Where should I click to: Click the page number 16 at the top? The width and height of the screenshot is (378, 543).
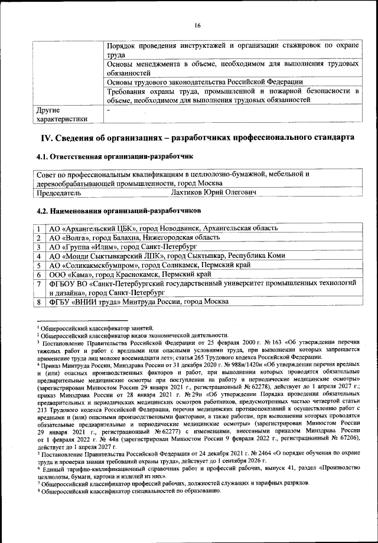click(197, 25)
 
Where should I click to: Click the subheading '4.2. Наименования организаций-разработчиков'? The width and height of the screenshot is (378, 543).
click(118, 210)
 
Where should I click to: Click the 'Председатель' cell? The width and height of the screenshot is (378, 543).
click(58, 192)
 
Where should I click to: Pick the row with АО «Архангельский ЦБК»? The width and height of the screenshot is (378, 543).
click(163, 228)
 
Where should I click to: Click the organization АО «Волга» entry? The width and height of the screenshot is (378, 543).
click(133, 237)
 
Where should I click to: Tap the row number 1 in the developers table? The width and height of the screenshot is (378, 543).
click(38, 228)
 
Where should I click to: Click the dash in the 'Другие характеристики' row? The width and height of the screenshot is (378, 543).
click(107, 110)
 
